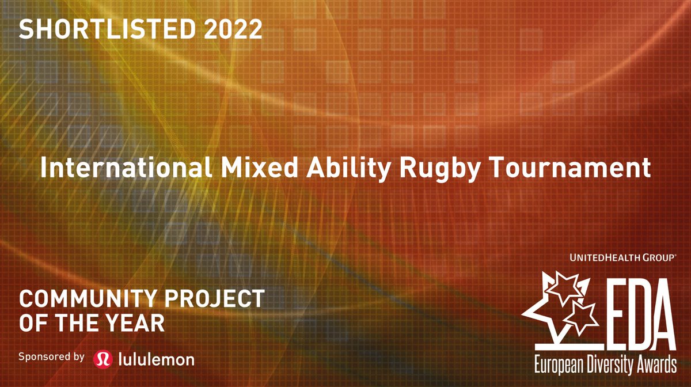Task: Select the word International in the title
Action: [x=115, y=169]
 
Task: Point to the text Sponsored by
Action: [x=52, y=356]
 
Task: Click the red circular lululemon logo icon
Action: [x=102, y=358]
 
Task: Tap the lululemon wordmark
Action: [x=156, y=359]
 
